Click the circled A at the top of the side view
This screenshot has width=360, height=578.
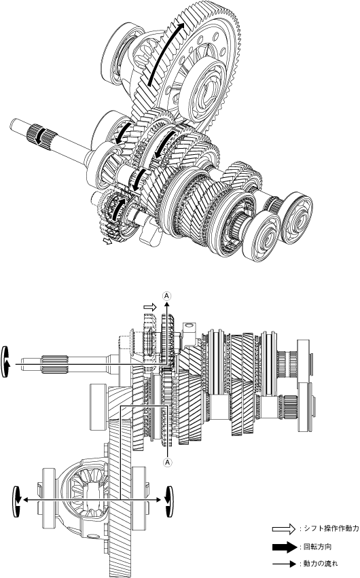pyautogui.click(x=167, y=295)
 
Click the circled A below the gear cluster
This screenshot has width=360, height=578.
pyautogui.click(x=168, y=462)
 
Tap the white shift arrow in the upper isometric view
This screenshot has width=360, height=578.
pyautogui.click(x=108, y=240)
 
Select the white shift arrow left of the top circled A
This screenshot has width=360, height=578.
pyautogui.click(x=150, y=307)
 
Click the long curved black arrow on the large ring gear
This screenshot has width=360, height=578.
pyautogui.click(x=165, y=54)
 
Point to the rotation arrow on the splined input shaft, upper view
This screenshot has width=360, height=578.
pyautogui.click(x=37, y=135)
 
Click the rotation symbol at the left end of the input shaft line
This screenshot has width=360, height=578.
pyautogui.click(x=5, y=362)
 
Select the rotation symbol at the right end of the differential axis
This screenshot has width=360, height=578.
pyautogui.click(x=169, y=501)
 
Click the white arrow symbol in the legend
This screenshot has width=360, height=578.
pyautogui.click(x=284, y=529)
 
